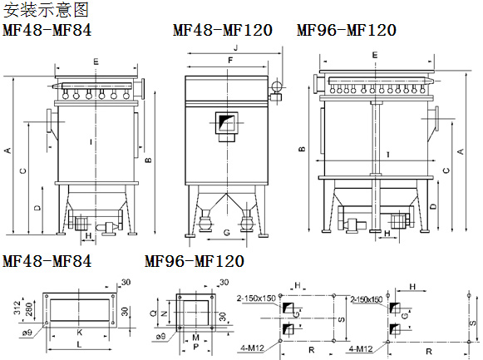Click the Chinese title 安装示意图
46,9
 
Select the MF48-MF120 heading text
223,30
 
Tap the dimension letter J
236,47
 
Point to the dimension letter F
230,61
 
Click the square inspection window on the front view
226,122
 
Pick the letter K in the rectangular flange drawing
80,333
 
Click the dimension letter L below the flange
79,344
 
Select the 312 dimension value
17,308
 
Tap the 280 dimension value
28,309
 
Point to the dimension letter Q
153,313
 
